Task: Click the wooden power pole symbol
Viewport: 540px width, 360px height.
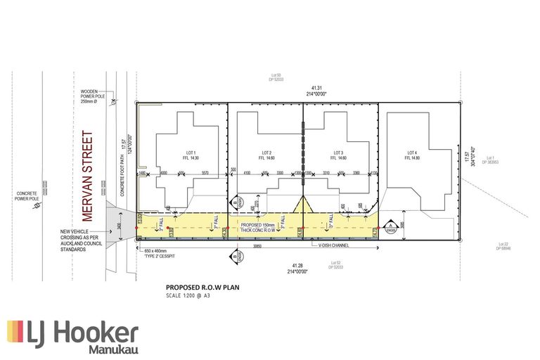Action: click(128, 103)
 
